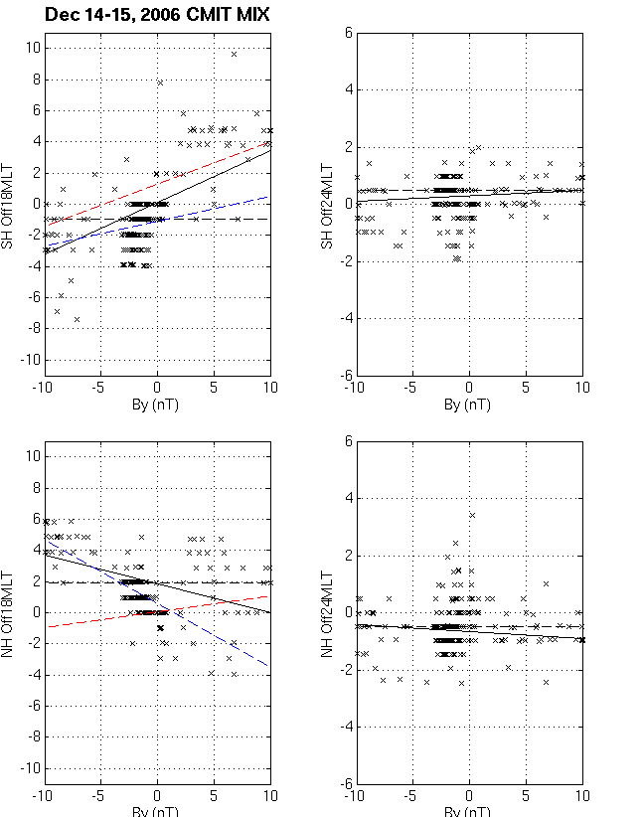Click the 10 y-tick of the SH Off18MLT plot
click(31, 48)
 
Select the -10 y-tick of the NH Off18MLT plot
click(29, 768)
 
